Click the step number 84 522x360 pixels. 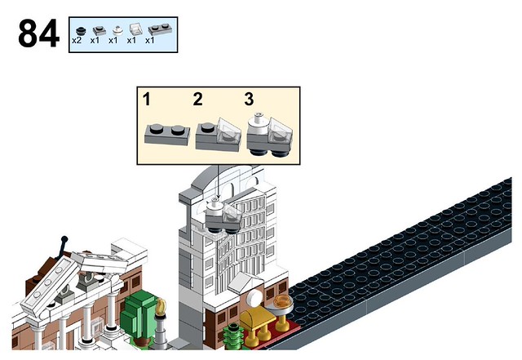pos(39,33)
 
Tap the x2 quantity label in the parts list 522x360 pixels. pos(77,41)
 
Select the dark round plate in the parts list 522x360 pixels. pos(81,31)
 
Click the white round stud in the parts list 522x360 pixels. pos(117,31)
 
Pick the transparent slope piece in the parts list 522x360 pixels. pos(135,29)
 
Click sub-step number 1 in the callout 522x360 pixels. pos(147,99)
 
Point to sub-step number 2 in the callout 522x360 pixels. pos(197,99)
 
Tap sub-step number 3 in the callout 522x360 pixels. pos(249,99)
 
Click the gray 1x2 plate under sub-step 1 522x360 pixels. pos(167,135)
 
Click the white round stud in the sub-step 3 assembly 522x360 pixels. pos(258,124)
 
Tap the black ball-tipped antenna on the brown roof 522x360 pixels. pos(63,247)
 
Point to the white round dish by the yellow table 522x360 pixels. pos(255,298)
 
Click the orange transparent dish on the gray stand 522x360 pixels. pos(283,301)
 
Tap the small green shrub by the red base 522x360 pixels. pos(234,336)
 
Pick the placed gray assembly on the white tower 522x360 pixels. pos(223,216)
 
